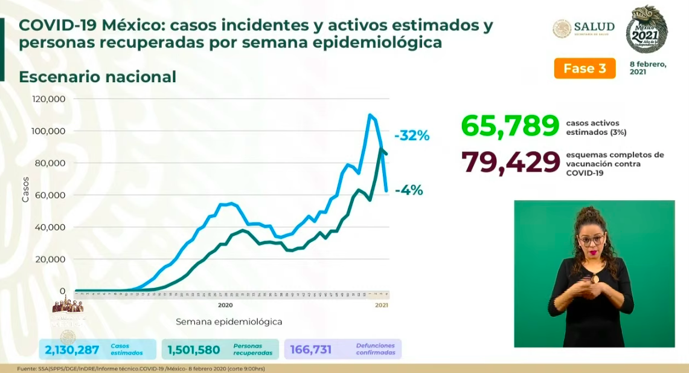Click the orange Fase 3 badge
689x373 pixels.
(585, 68)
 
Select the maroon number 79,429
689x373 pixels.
(510, 162)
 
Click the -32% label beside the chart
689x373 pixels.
(412, 136)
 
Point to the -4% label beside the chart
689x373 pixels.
(409, 190)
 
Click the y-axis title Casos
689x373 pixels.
(25, 189)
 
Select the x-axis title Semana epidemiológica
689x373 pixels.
(229, 322)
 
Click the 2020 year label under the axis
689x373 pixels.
(225, 305)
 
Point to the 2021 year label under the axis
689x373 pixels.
(381, 305)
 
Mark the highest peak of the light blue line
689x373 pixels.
(370, 115)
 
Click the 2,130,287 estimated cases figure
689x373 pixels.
(71, 349)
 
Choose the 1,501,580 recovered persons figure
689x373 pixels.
(193, 349)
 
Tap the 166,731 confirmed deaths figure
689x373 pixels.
(310, 349)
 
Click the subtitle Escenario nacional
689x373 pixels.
(97, 77)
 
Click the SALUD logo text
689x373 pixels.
(594, 27)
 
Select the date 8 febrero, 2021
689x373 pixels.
(648, 68)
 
